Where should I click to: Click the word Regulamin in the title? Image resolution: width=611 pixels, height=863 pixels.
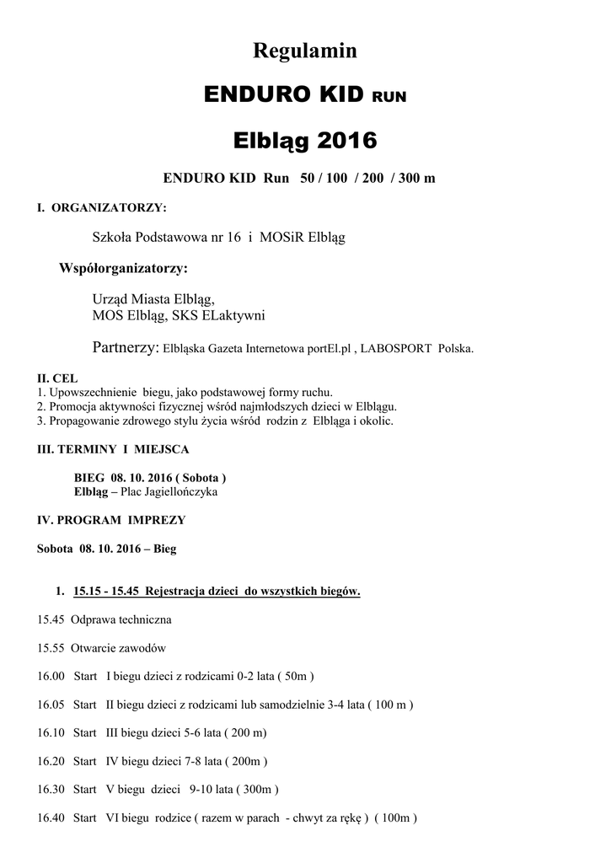(305, 51)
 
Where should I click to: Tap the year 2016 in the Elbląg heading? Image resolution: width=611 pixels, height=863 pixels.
(347, 139)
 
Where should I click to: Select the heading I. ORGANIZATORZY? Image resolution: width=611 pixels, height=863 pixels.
(102, 207)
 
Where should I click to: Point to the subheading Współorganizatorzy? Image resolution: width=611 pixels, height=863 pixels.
(124, 269)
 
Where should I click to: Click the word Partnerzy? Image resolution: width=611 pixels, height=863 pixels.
(125, 347)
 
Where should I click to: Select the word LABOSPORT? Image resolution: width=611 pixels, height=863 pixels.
(396, 348)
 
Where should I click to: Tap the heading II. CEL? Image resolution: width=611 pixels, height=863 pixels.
(57, 379)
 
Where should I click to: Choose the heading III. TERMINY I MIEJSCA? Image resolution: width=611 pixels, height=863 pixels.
(113, 450)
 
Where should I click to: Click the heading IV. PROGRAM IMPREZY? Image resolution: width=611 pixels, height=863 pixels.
(111, 520)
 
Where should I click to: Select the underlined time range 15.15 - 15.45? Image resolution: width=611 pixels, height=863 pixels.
(107, 592)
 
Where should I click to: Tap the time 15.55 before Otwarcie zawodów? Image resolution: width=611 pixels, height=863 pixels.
(51, 648)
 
